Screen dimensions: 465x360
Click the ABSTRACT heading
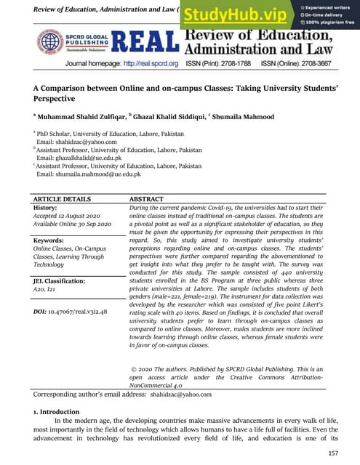tap(151, 198)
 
